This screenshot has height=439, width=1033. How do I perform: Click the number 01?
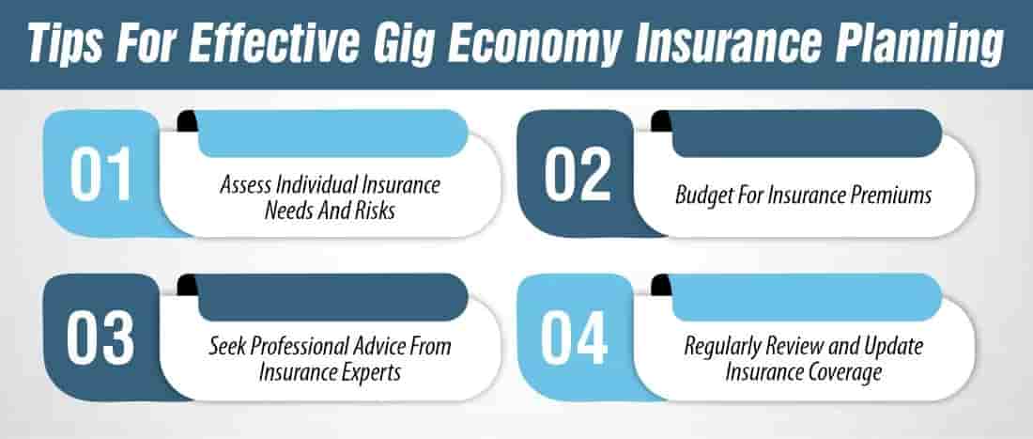101,176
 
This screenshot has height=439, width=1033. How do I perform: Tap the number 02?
576,176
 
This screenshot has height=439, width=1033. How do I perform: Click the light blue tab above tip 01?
333,133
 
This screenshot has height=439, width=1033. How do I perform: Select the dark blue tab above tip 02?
808,133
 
